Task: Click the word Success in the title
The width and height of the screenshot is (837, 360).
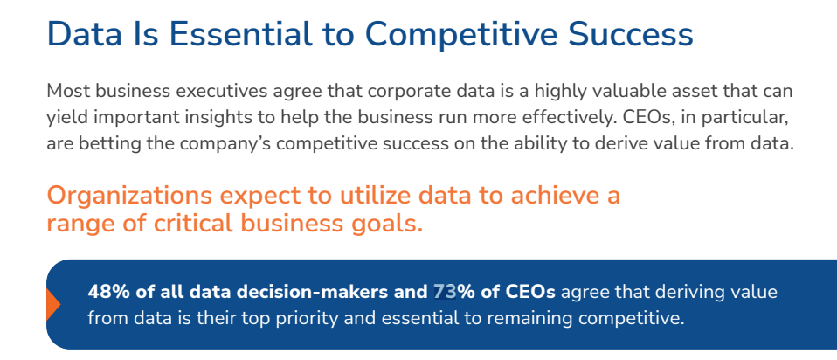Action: click(631, 33)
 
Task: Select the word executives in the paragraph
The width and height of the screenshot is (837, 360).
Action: click(223, 91)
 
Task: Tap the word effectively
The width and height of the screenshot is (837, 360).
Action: click(559, 117)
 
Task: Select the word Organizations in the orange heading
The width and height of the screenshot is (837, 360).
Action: click(129, 197)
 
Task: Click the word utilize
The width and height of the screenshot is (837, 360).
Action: click(376, 196)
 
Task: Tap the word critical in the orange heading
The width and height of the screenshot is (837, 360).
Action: click(198, 224)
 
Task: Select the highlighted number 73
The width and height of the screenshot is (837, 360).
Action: click(445, 292)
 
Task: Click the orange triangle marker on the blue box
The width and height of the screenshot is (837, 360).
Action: click(52, 304)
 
